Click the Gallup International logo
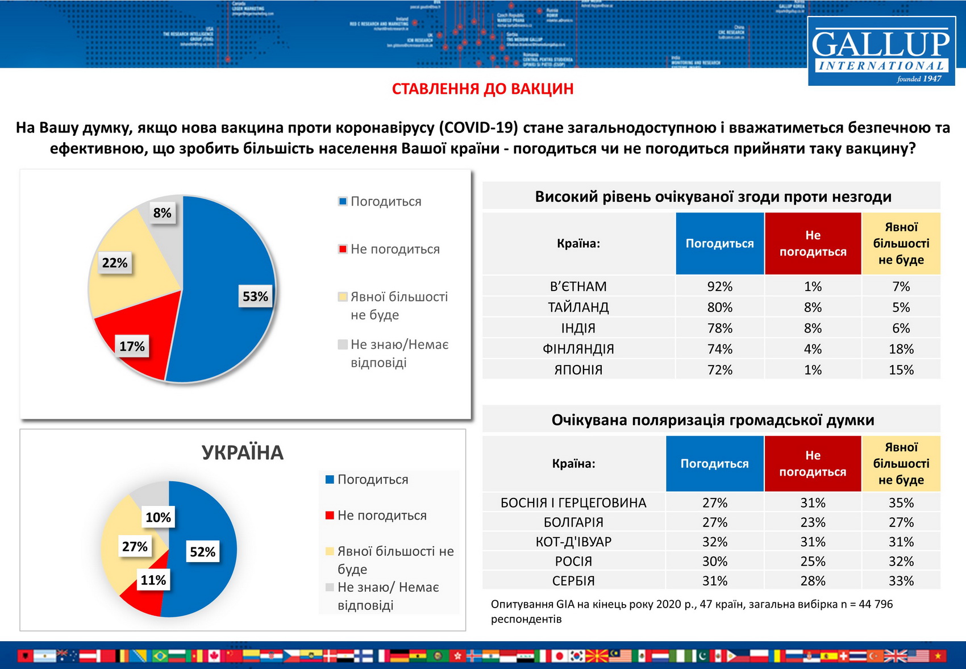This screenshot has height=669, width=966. tap(881, 51)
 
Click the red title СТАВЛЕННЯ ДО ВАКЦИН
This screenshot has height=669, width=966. tap(482, 89)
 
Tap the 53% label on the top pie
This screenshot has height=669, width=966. tap(255, 297)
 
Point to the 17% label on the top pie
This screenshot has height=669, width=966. tap(132, 347)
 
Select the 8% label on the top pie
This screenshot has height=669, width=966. tap(162, 213)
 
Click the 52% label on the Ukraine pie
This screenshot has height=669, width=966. tap(202, 552)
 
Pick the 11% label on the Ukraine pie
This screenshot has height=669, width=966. tap(153, 580)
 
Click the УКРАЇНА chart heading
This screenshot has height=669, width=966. tap(243, 453)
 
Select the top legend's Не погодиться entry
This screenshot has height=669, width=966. tap(394, 249)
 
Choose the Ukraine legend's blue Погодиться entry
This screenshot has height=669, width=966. tap(372, 480)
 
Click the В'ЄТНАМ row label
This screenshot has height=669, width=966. tap(578, 286)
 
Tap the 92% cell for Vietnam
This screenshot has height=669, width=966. tap(719, 286)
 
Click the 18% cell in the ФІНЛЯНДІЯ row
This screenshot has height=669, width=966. tap(901, 349)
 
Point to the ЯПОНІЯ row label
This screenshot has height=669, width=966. tap(578, 370)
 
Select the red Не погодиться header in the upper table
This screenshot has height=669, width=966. tap(813, 243)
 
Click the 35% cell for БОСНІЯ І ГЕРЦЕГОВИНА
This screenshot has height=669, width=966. tap(901, 503)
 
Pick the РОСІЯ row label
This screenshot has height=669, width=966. tap(573, 562)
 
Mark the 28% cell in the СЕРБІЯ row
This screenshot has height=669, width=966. tap(813, 581)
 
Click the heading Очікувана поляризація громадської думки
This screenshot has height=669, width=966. tap(713, 420)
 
